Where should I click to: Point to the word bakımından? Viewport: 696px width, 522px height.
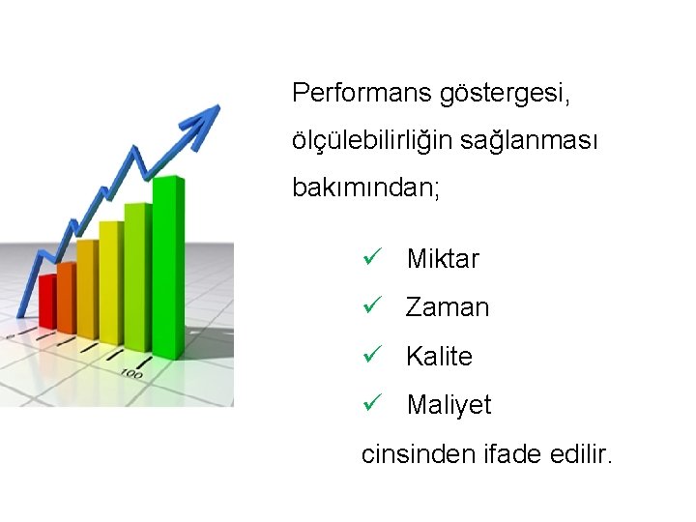click(x=365, y=188)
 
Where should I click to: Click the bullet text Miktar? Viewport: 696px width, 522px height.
click(x=443, y=259)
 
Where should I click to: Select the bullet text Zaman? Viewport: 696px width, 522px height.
click(x=448, y=308)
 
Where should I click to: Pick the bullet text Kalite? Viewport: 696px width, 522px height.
click(x=439, y=357)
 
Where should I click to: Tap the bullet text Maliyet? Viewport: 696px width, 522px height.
click(x=449, y=405)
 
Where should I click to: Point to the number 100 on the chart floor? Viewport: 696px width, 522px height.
click(x=131, y=372)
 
